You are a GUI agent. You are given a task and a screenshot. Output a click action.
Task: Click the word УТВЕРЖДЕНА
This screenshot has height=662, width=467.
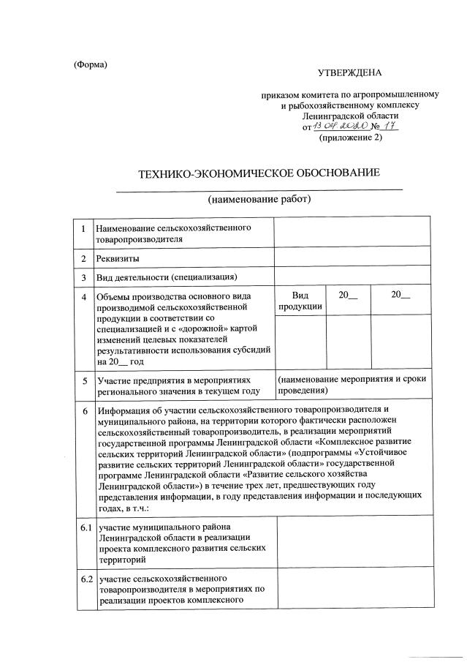[x=349, y=72]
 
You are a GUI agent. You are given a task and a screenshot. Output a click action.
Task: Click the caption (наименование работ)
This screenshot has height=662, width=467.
[x=259, y=199]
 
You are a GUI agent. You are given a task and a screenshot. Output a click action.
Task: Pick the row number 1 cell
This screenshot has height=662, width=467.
[x=85, y=233]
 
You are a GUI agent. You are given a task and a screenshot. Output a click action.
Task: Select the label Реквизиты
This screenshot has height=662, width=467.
[x=118, y=258]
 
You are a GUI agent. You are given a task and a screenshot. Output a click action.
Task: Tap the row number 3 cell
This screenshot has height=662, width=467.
[x=85, y=277]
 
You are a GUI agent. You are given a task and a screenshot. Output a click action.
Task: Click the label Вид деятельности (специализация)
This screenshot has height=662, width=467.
[x=167, y=277]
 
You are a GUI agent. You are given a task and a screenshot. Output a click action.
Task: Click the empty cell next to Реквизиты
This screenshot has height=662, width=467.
[x=352, y=258]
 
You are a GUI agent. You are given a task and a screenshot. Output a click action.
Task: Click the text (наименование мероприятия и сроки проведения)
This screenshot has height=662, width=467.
[x=352, y=385]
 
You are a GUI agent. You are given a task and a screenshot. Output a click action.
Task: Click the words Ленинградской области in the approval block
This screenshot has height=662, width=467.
[x=350, y=116]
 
